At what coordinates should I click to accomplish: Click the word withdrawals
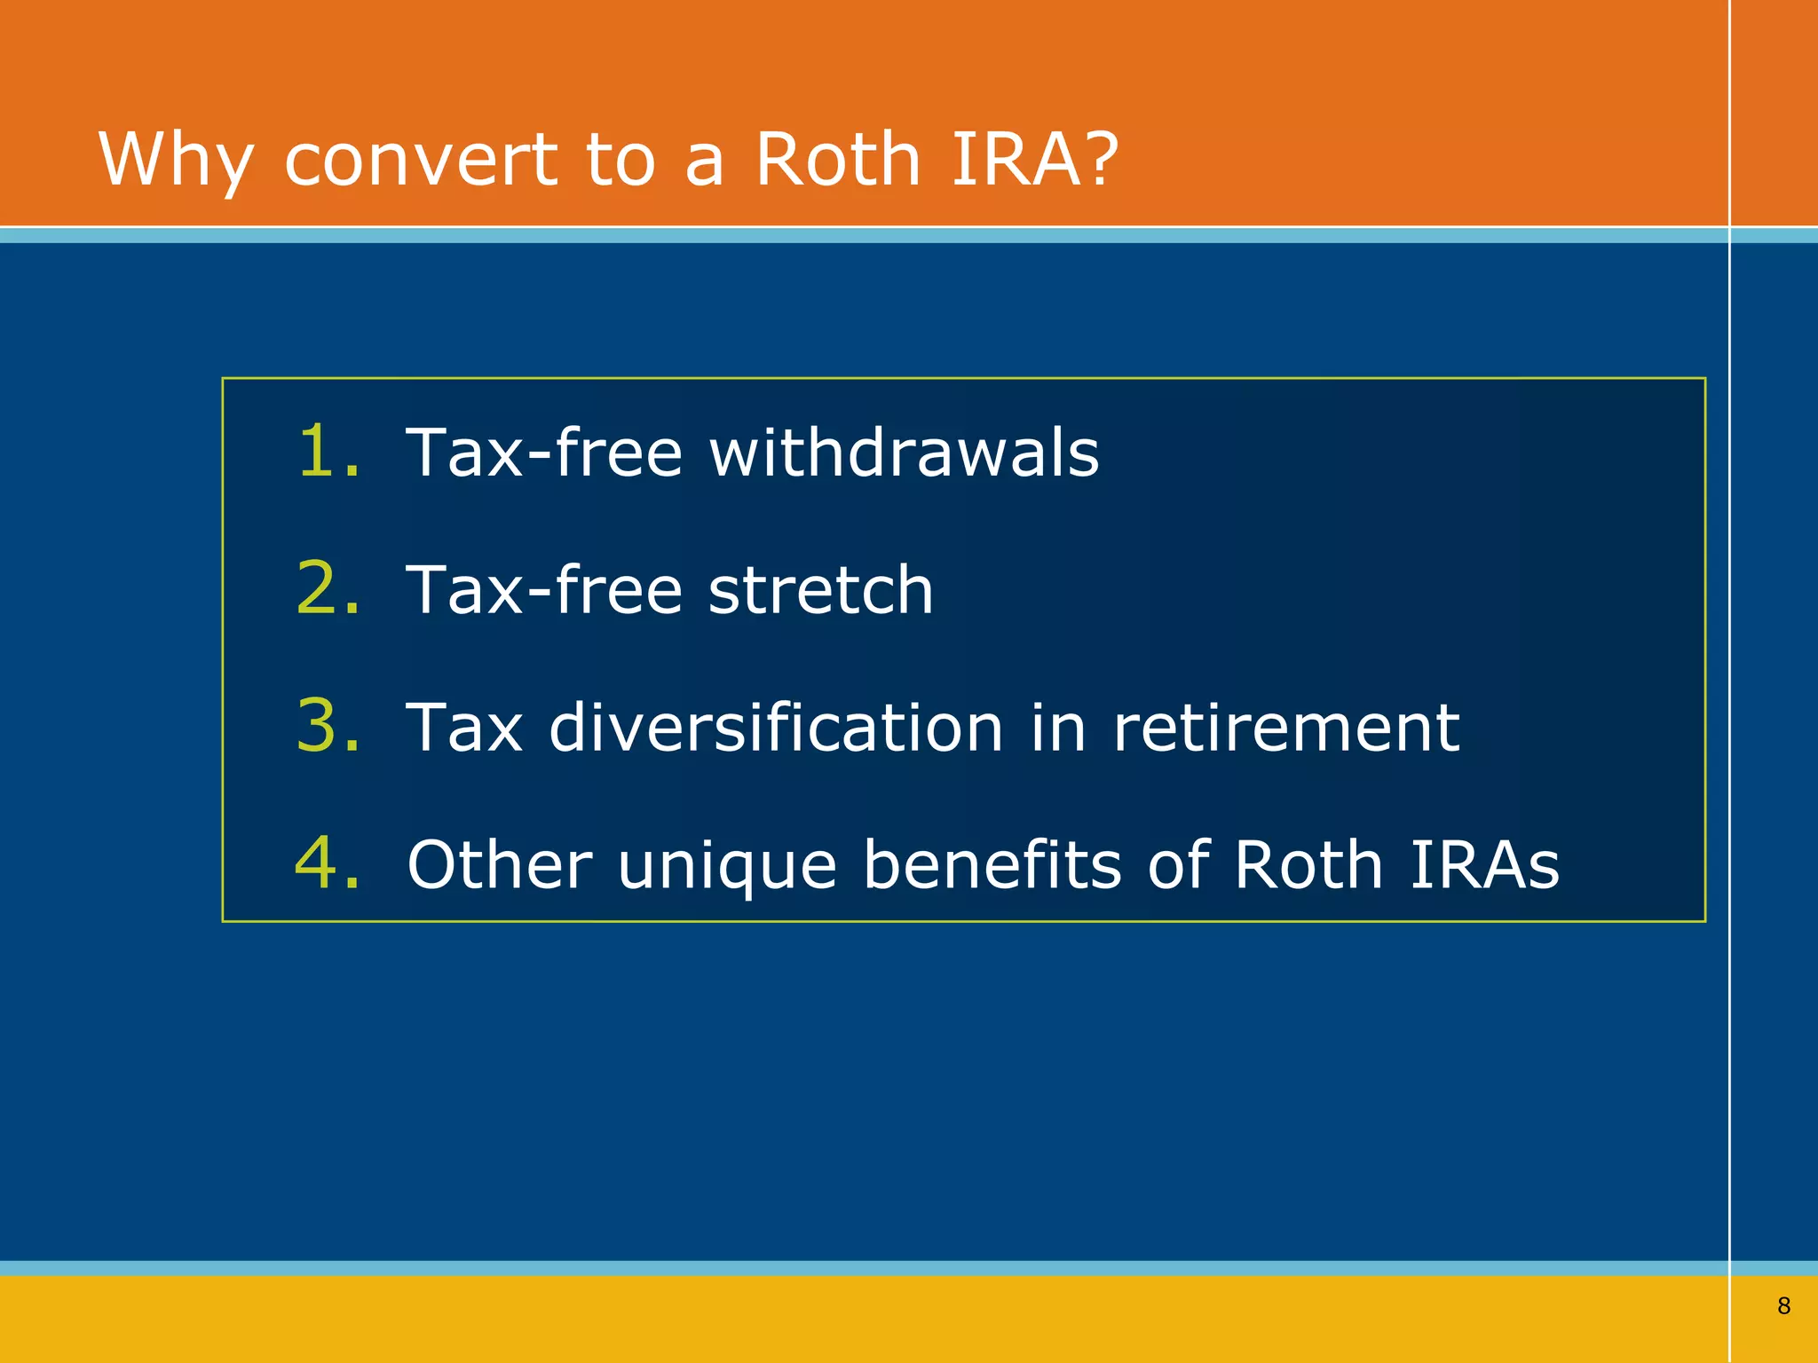pyautogui.click(x=904, y=452)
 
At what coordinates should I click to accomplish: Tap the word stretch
pyautogui.click(x=820, y=589)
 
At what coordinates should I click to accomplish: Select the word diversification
pyautogui.click(x=776, y=727)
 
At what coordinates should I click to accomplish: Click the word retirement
pyautogui.click(x=1285, y=727)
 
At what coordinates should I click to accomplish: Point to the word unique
pyautogui.click(x=727, y=865)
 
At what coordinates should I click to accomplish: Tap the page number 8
pyautogui.click(x=1783, y=1305)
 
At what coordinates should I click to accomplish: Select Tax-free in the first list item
pyautogui.click(x=543, y=452)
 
